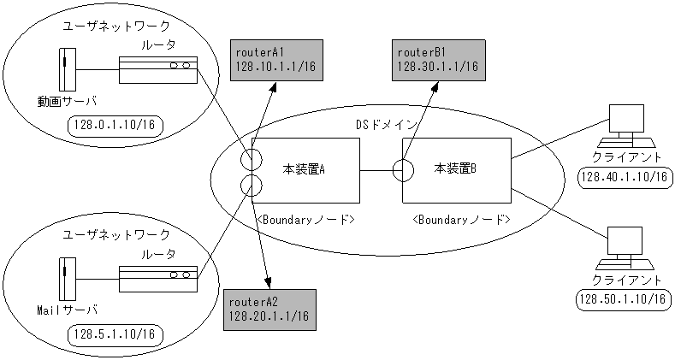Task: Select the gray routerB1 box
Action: click(x=434, y=60)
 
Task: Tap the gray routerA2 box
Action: click(x=269, y=310)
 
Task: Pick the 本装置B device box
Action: click(x=456, y=168)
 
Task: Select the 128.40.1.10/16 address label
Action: click(x=623, y=177)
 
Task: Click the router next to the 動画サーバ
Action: click(x=158, y=68)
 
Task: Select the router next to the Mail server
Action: click(x=158, y=275)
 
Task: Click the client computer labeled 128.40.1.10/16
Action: click(x=625, y=127)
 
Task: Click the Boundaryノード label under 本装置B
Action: click(x=462, y=220)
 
